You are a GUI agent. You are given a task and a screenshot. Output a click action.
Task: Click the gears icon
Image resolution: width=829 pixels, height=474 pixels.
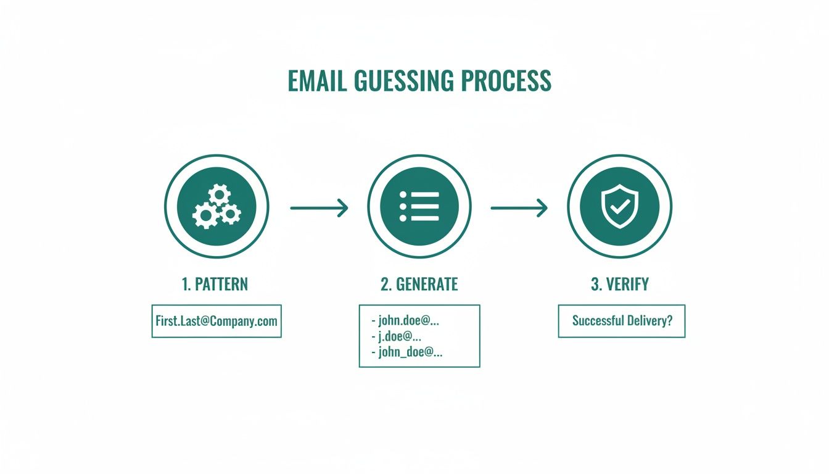pos(217,207)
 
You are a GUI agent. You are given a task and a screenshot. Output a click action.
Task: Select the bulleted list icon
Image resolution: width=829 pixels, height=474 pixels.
pos(419,207)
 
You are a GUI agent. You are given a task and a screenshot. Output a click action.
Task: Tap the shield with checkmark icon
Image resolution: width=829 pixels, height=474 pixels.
pos(619,207)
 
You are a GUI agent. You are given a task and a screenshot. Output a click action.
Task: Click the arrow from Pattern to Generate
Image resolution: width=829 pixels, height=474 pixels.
pos(319,208)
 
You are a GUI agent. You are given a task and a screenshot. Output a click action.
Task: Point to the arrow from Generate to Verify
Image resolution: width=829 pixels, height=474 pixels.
pos(519,208)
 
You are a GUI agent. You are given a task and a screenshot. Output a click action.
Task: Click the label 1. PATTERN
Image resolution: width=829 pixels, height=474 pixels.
pos(215,285)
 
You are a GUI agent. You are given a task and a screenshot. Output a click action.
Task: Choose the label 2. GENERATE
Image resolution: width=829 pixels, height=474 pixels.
pos(419,285)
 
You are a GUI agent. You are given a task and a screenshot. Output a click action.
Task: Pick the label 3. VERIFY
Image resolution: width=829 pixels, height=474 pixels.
pos(620,285)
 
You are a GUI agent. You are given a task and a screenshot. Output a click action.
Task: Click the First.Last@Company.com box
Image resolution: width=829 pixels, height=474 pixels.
pos(217,321)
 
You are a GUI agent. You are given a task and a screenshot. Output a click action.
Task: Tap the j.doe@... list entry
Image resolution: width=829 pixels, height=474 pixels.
pos(397,337)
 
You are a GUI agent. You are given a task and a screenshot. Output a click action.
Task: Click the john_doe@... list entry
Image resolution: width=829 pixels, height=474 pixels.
pos(407,352)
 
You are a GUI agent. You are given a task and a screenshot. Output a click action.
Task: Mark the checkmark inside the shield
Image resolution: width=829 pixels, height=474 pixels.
pos(619,207)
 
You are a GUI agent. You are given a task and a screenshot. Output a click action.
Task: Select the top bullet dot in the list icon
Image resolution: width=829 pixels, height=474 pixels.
pos(403,195)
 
